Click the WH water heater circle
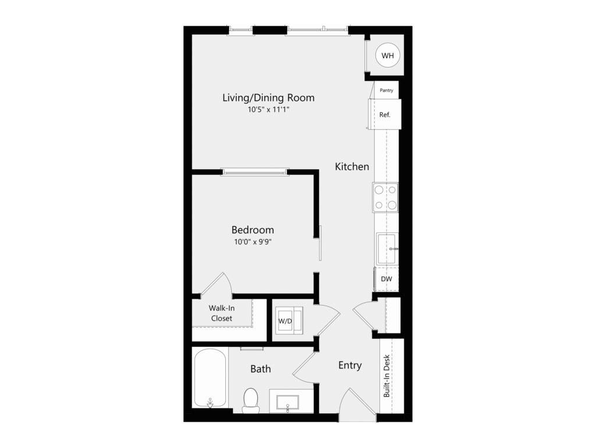[387, 55]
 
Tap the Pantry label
[386, 90]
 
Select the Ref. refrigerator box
[385, 115]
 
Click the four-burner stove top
[385, 197]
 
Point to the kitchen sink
[387, 249]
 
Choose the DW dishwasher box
[386, 279]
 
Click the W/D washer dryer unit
[289, 321]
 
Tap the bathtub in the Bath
[210, 378]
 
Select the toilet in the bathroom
[250, 400]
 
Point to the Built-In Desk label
[386, 376]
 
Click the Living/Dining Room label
[268, 98]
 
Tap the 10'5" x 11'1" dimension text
[269, 110]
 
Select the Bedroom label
[253, 229]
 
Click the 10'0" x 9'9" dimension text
[253, 242]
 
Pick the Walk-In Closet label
[222, 313]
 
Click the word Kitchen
[352, 166]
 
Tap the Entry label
[350, 366]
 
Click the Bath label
[261, 368]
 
